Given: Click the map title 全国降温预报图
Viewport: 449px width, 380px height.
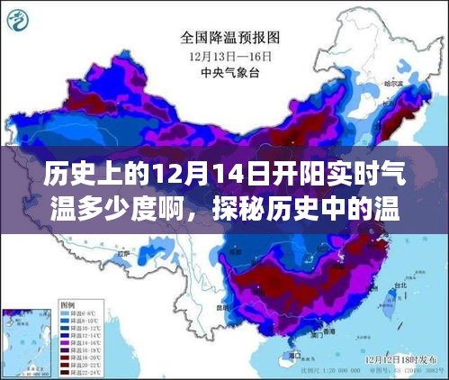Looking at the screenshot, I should click(231, 38).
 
